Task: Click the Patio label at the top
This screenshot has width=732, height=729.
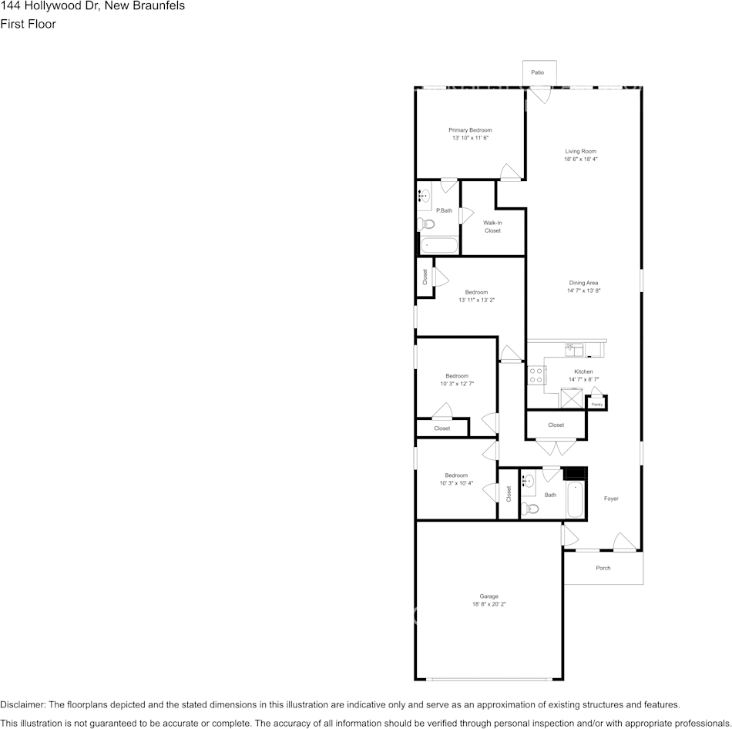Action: (538, 72)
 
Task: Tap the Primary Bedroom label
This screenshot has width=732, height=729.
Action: (470, 130)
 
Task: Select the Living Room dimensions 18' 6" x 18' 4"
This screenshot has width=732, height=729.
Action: (581, 159)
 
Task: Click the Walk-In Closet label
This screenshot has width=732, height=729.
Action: (492, 227)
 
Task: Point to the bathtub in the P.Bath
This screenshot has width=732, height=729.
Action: (439, 247)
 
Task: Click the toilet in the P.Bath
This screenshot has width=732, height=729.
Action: (426, 224)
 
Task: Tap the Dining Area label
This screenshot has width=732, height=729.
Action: (583, 283)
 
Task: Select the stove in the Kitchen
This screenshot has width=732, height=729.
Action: (536, 375)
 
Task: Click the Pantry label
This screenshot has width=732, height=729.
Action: (596, 404)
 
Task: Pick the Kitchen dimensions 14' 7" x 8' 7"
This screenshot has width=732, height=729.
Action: (583, 379)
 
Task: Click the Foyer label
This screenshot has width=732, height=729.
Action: (611, 499)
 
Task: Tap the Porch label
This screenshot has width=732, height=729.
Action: (603, 568)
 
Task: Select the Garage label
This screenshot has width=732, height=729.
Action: (489, 596)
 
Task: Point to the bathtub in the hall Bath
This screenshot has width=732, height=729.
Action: (575, 500)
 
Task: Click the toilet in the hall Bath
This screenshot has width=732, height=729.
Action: (529, 508)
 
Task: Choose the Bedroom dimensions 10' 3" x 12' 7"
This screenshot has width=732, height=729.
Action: (457, 383)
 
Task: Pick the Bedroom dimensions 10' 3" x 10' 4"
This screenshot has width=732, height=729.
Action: (456, 483)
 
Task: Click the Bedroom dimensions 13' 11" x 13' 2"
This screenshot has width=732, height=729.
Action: (476, 300)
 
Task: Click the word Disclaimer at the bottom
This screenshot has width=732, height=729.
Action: (23, 704)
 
